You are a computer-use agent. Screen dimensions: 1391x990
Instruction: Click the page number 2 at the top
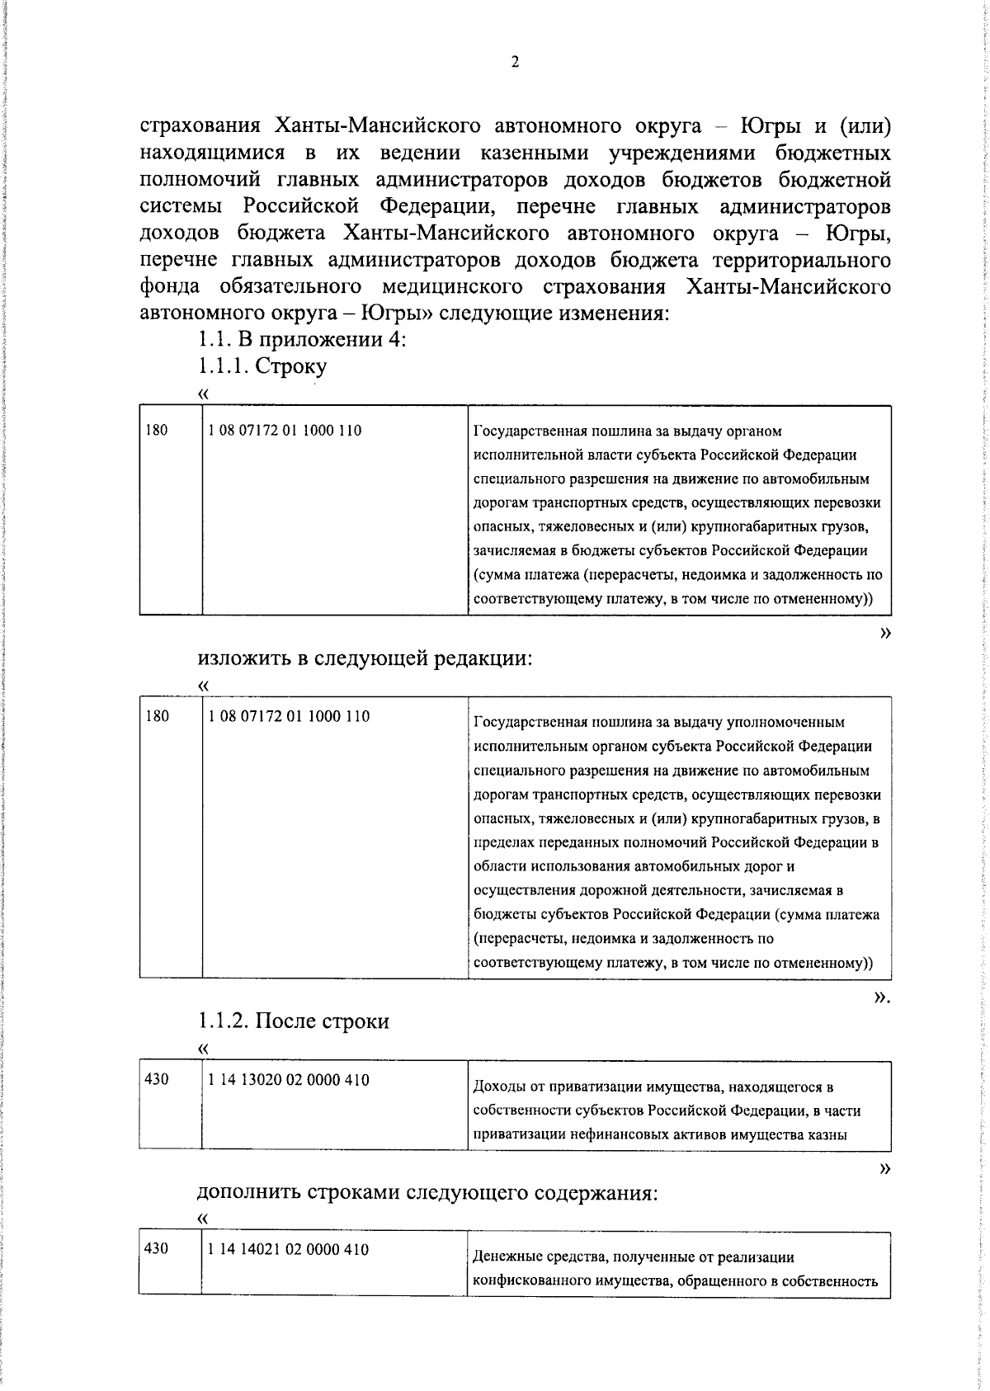[515, 63]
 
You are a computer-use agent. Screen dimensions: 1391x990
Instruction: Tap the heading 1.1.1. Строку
[262, 366]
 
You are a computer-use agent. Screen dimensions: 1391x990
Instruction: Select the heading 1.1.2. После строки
[294, 1021]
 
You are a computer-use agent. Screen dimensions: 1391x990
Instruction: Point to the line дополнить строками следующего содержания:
[427, 1193]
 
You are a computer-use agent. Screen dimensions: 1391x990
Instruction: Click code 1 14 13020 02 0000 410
[289, 1080]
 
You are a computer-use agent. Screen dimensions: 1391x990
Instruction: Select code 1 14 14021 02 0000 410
[289, 1249]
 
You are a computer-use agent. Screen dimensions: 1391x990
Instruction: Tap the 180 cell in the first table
[157, 431]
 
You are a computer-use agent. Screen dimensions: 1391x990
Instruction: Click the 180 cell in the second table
[157, 716]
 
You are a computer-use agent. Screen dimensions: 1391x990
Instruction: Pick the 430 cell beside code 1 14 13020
[157, 1080]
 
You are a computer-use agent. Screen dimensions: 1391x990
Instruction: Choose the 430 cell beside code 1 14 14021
[157, 1249]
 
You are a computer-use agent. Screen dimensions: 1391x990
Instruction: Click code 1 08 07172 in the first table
[285, 431]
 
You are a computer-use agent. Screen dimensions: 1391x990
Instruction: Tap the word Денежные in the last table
[503, 1257]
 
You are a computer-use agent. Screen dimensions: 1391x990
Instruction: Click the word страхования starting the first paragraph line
[200, 126]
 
